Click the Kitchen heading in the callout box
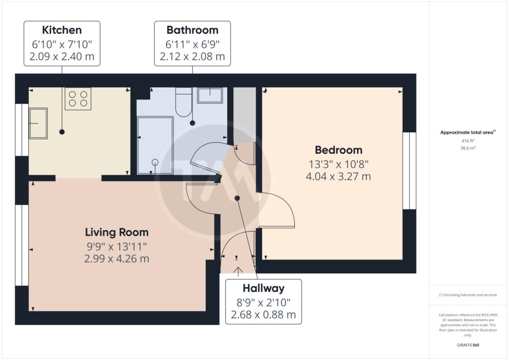click(x=62, y=30)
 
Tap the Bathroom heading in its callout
click(x=192, y=30)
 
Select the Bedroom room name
click(x=339, y=150)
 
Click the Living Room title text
click(x=117, y=232)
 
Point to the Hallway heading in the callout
click(x=263, y=288)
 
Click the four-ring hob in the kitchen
click(x=78, y=98)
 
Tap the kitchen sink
click(x=38, y=123)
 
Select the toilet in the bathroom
click(x=184, y=102)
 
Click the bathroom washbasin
click(x=210, y=95)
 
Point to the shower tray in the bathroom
click(x=155, y=146)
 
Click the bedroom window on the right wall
click(x=410, y=171)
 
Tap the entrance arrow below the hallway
click(x=238, y=271)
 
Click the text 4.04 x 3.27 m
click(x=339, y=177)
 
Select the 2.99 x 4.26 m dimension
click(x=117, y=259)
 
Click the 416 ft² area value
click(x=468, y=141)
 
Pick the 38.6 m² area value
click(x=468, y=148)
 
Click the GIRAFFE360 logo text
click(x=468, y=345)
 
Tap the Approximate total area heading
click(x=468, y=132)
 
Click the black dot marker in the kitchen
click(x=62, y=132)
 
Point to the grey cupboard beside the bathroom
click(x=245, y=115)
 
